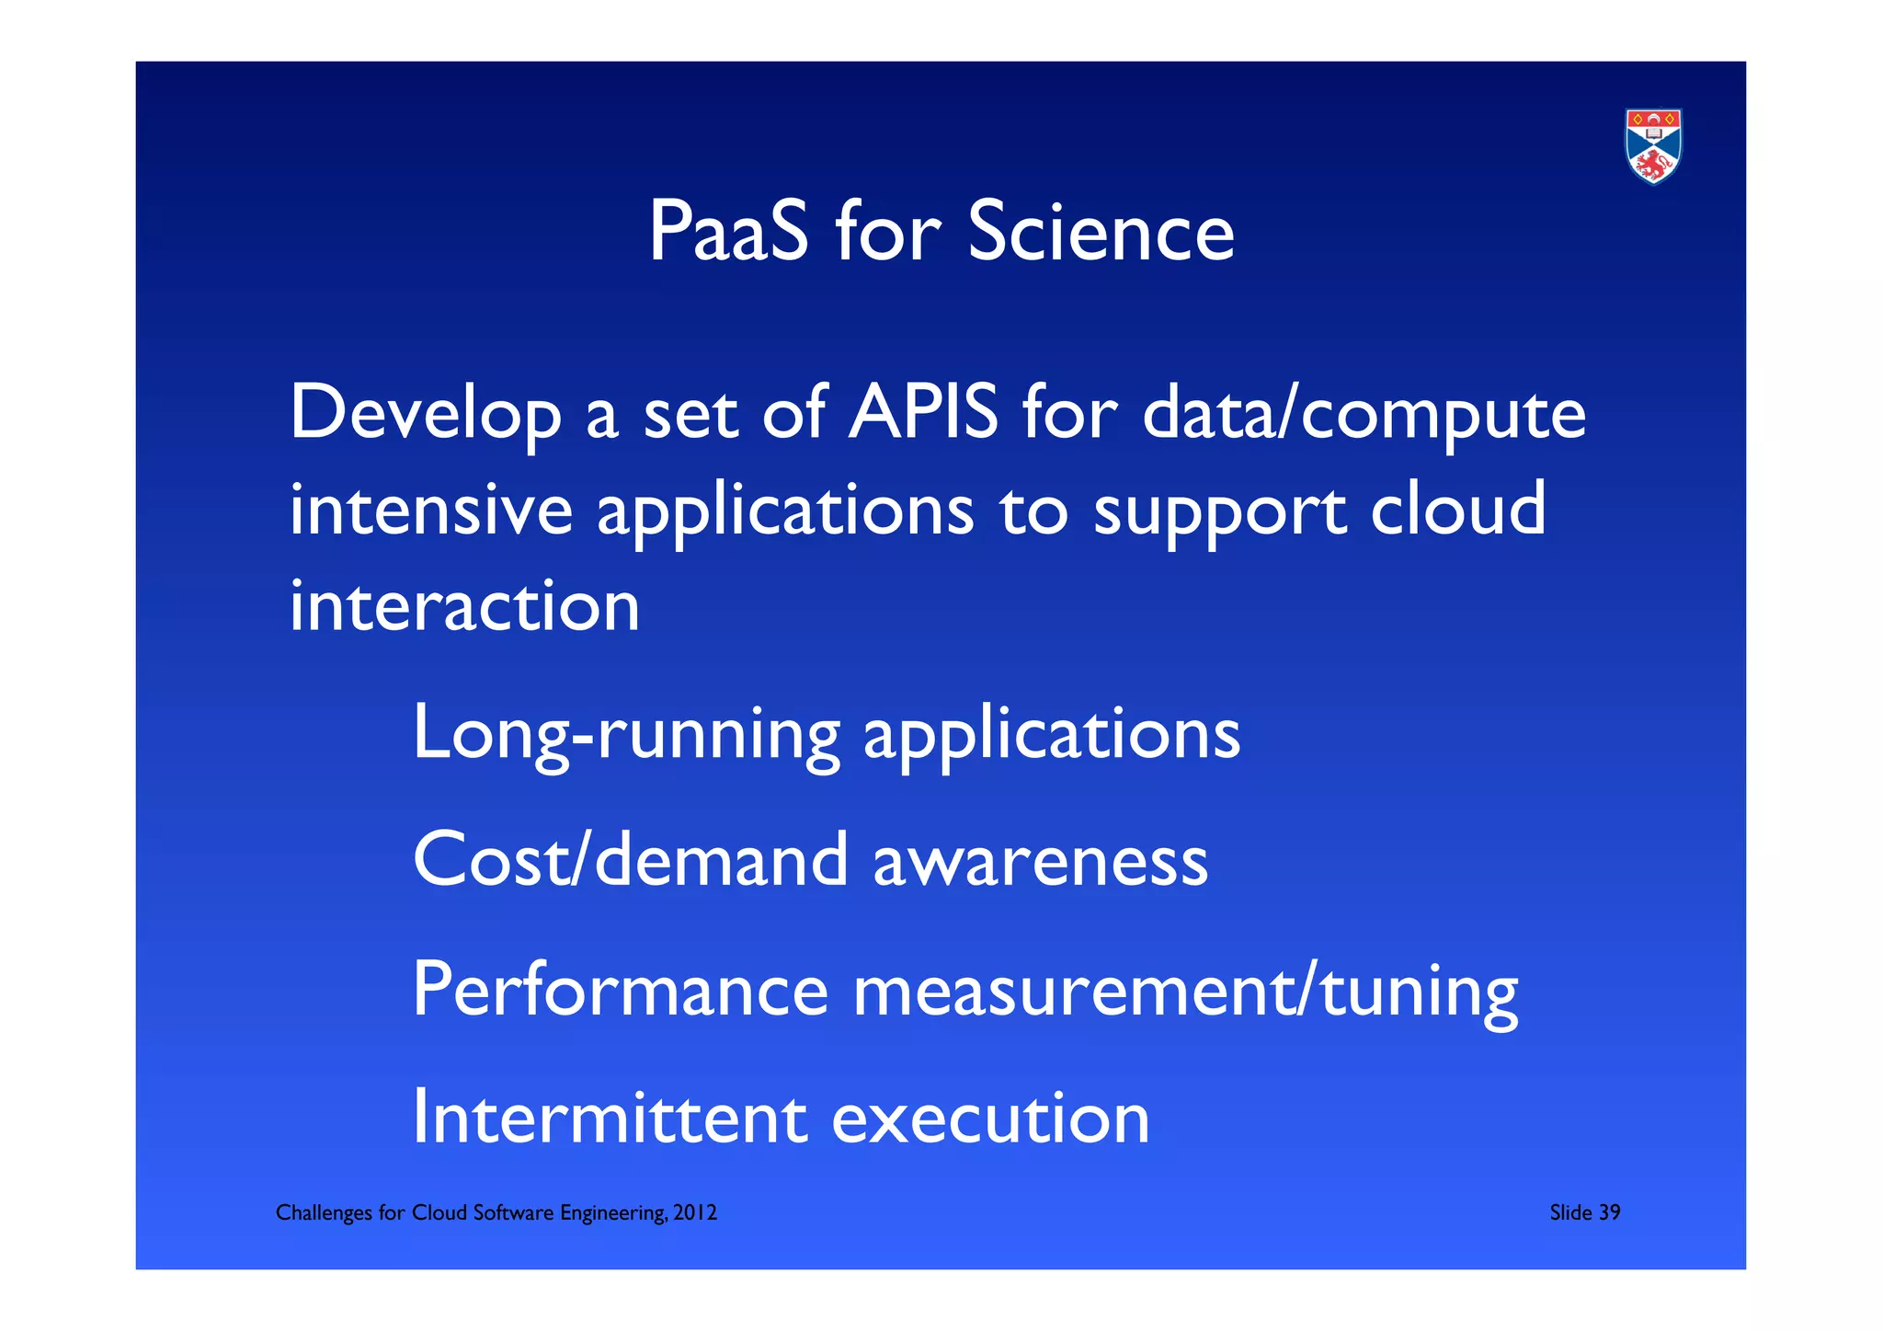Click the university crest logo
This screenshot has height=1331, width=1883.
(x=1653, y=146)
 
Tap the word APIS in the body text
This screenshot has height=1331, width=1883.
(x=922, y=412)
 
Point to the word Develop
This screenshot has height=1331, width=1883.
(x=426, y=414)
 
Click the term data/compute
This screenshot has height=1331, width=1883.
(x=1364, y=414)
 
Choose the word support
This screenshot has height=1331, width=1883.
(x=1219, y=512)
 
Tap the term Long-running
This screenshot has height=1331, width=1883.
(x=626, y=734)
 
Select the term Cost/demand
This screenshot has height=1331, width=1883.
(x=630, y=860)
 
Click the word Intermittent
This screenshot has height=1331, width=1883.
(x=610, y=1118)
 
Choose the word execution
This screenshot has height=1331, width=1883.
(x=990, y=1119)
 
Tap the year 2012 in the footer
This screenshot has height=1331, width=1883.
(x=695, y=1212)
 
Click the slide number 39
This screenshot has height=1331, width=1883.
(x=1609, y=1212)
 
